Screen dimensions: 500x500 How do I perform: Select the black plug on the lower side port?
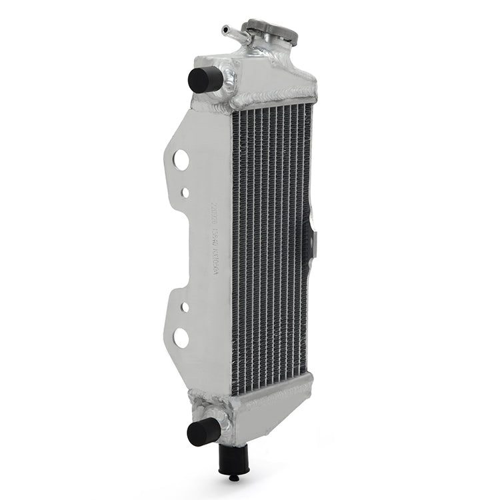pyautogui.click(x=203, y=431)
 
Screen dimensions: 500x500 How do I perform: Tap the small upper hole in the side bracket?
pyautogui.click(x=185, y=193)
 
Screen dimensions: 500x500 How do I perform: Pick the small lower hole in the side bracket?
pyautogui.click(x=185, y=307)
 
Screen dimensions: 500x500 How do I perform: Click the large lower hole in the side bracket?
pyautogui.click(x=181, y=337)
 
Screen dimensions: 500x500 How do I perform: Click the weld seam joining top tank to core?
pyautogui.click(x=273, y=101)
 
